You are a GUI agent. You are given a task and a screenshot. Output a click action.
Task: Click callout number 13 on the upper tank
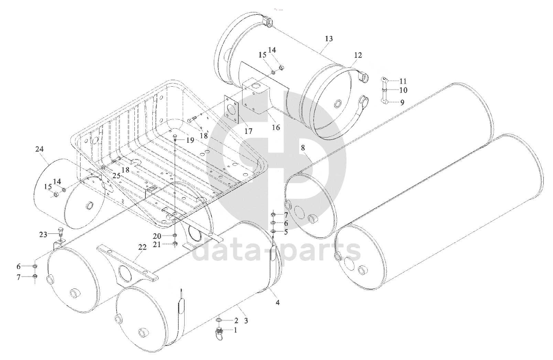[329, 39]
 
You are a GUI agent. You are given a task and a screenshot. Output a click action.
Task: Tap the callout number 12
[358, 55]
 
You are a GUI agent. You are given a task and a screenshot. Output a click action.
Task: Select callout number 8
[303, 148]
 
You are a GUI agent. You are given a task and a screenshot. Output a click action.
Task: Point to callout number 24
[39, 149]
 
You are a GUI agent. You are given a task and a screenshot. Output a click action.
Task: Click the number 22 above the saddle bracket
[142, 247]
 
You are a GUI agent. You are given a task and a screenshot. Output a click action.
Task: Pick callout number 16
[276, 127]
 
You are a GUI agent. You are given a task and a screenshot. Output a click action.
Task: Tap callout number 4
[278, 303]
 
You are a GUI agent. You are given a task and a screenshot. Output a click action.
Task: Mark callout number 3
[246, 321]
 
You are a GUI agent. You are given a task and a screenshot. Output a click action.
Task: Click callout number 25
[116, 176]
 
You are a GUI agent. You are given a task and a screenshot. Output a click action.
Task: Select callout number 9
[402, 102]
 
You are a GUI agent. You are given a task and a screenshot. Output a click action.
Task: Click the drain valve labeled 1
[219, 332]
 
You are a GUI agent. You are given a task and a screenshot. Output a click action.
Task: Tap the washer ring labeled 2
[218, 320]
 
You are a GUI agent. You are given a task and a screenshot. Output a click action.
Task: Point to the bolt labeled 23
[61, 232]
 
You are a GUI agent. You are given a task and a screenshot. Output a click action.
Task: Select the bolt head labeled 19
[175, 136]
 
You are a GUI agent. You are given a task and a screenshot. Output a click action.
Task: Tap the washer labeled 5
[273, 231]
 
